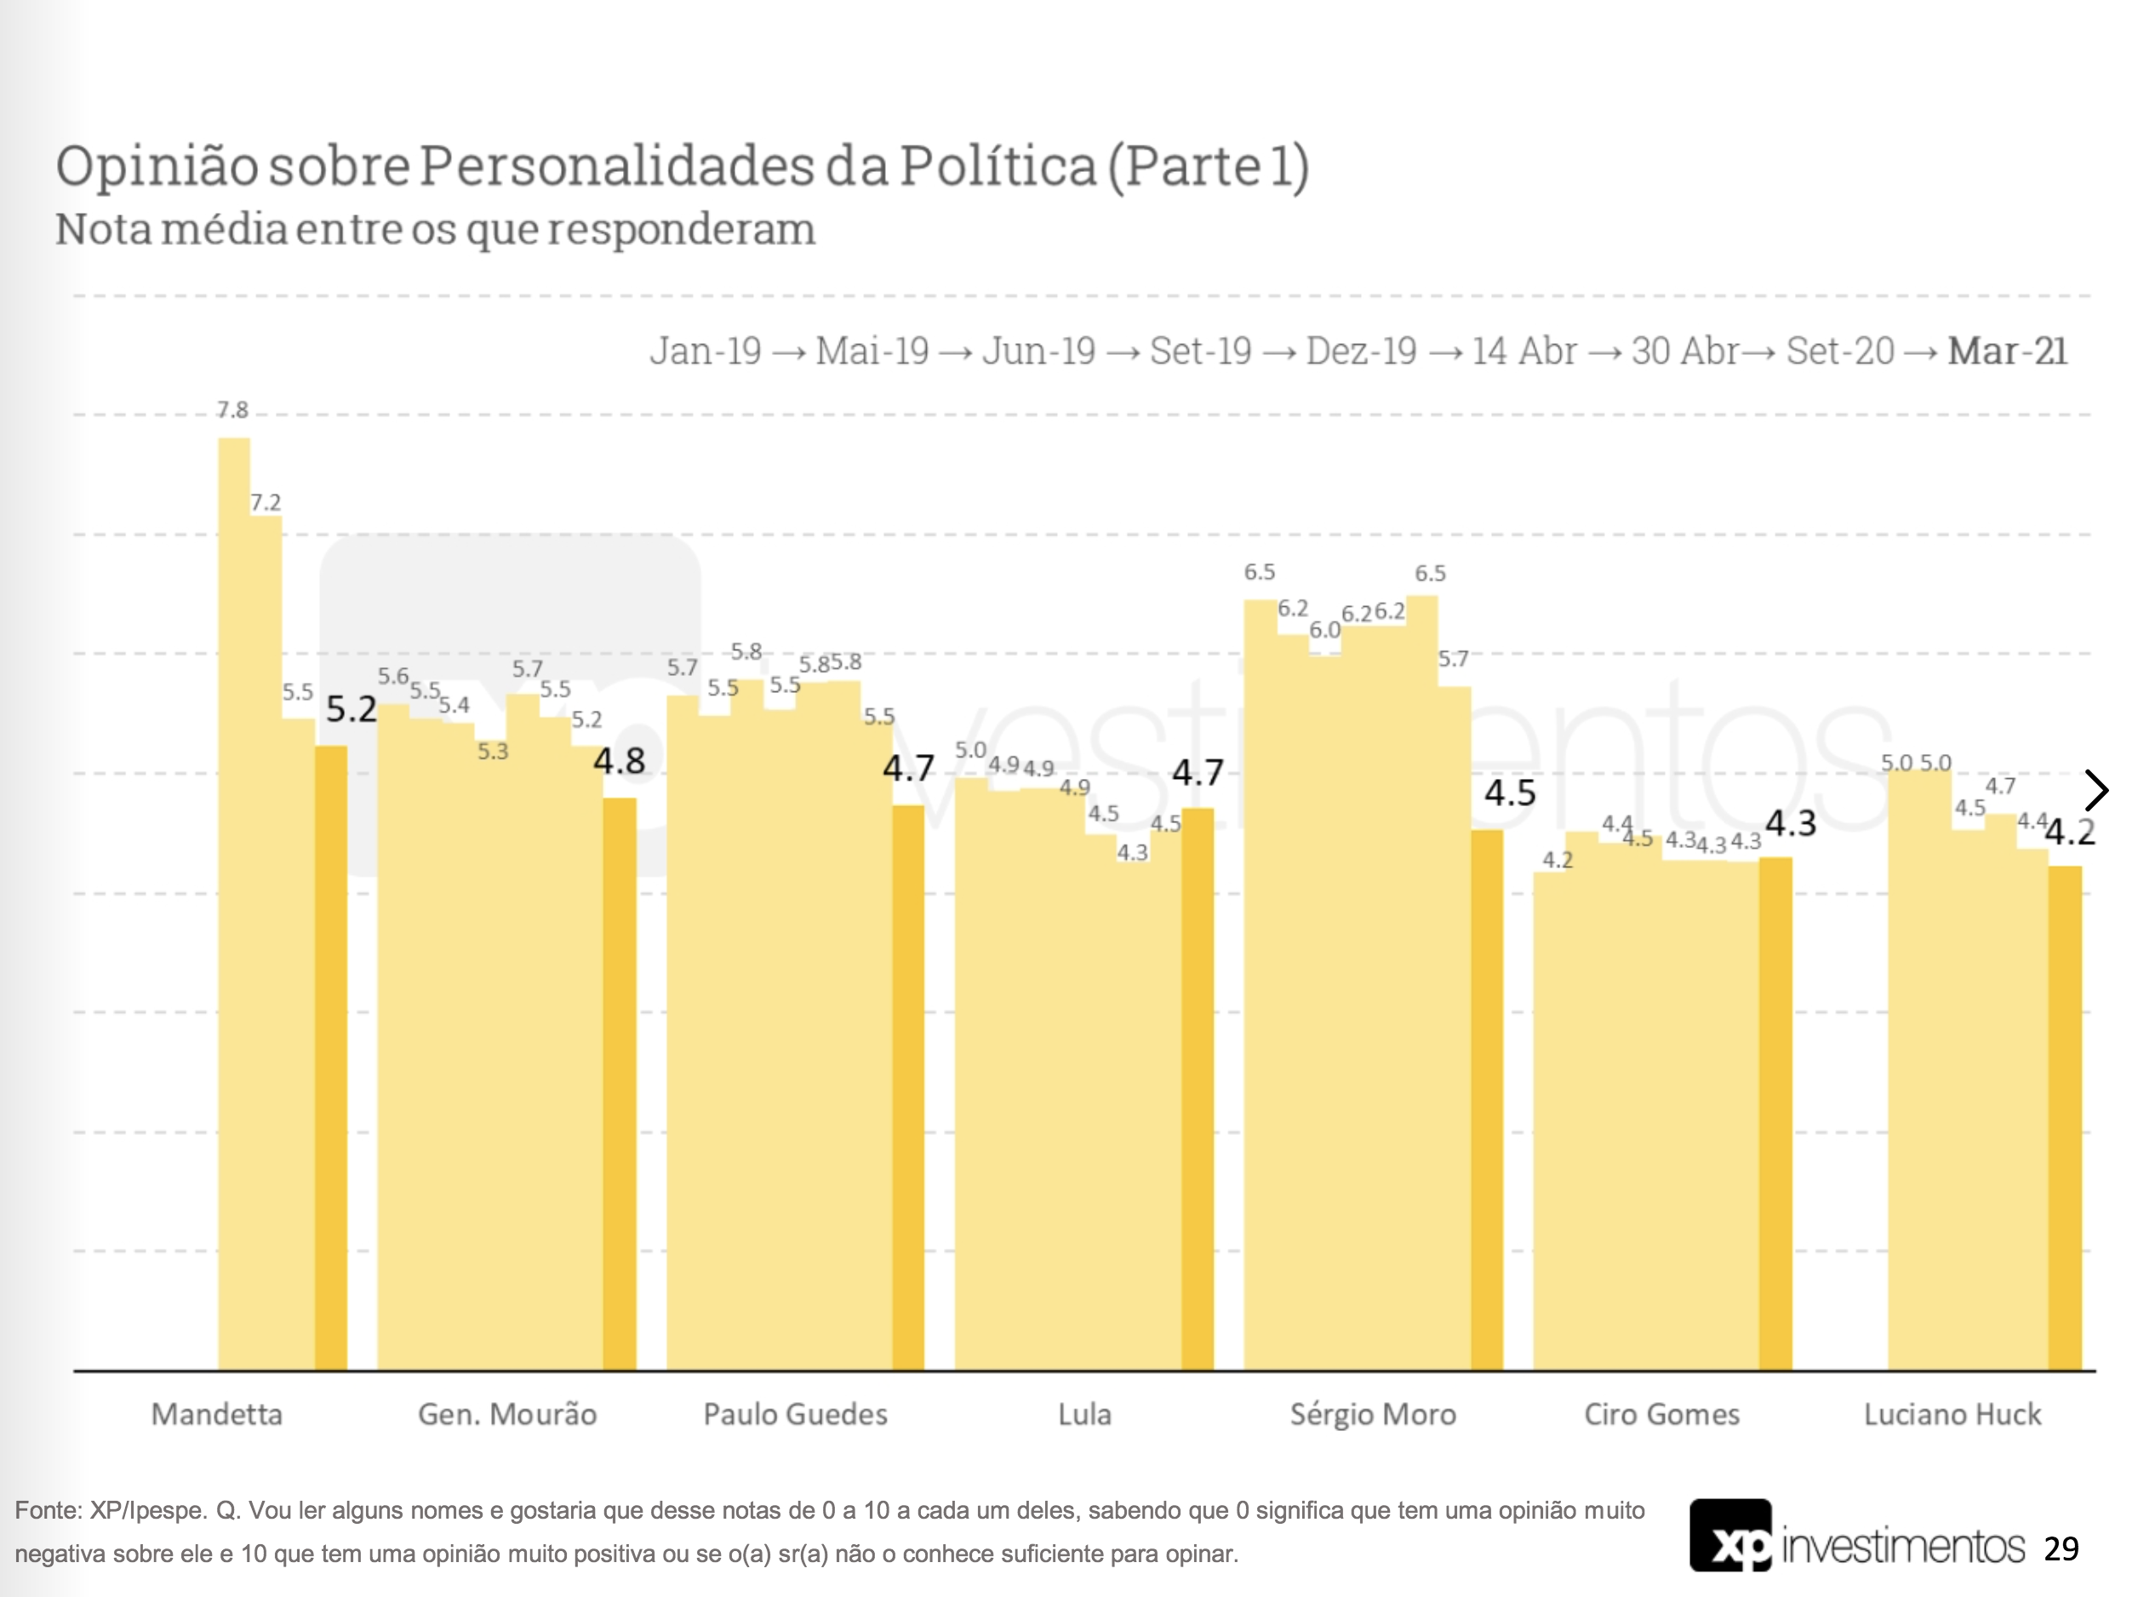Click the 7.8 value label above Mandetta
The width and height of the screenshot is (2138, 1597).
(x=232, y=409)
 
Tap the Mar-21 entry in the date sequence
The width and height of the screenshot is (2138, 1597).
(x=2007, y=351)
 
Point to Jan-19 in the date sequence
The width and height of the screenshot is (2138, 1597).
(x=706, y=351)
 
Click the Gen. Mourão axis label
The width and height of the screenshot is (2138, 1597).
(x=506, y=1414)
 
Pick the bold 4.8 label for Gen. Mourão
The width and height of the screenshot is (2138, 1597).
(x=619, y=761)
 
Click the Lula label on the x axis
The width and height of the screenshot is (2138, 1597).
(x=1084, y=1414)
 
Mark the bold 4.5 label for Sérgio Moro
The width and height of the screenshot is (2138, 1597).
(x=1510, y=793)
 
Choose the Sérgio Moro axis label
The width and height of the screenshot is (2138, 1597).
(x=1373, y=1414)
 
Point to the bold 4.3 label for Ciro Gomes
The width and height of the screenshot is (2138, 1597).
(x=1790, y=824)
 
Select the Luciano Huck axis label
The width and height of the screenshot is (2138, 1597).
(x=1952, y=1414)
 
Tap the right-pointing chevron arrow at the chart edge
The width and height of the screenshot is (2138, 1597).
(x=2096, y=791)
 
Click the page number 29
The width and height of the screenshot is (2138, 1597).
(x=2061, y=1548)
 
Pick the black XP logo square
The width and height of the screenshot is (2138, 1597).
(x=1730, y=1535)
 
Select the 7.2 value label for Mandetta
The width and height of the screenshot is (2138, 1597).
(x=265, y=503)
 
